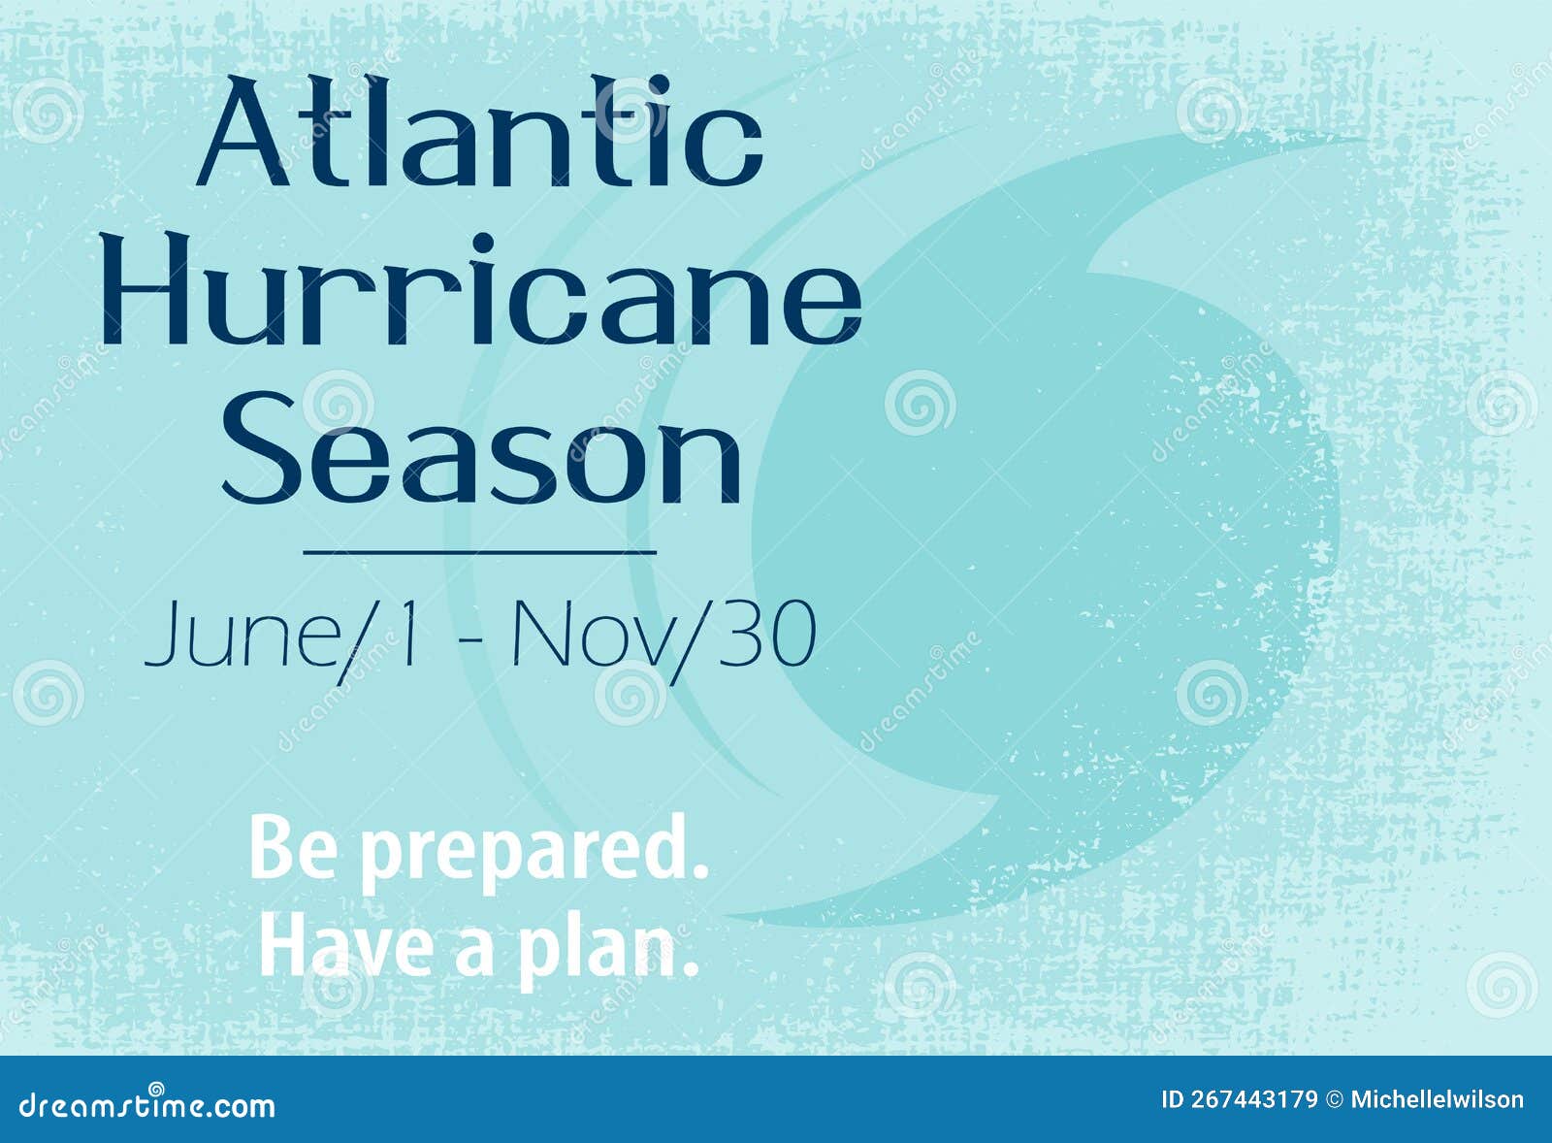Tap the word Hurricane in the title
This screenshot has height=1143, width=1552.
(x=482, y=291)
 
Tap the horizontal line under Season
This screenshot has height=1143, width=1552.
(x=480, y=552)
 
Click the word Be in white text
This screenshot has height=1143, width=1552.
(x=297, y=849)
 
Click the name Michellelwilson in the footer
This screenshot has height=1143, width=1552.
(x=1437, y=1099)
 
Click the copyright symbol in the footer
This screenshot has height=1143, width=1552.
(x=1335, y=1099)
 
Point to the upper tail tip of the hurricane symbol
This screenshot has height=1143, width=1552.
(x=1353, y=141)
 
